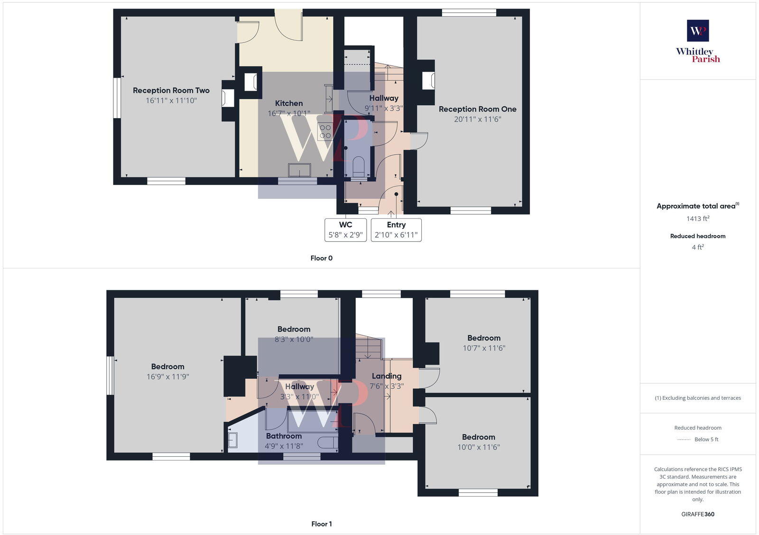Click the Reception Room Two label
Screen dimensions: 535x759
pos(171,90)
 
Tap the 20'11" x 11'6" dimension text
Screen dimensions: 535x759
pos(477,119)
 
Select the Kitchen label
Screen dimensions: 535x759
pos(288,103)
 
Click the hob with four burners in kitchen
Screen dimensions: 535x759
pos(325,131)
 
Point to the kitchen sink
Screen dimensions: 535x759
pos(299,170)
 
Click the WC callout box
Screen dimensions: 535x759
pos(345,230)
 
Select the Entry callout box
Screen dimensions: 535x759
pos(396,230)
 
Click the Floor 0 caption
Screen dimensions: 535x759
pos(321,258)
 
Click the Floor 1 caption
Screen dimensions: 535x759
pos(321,524)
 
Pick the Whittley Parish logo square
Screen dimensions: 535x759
pos(697,31)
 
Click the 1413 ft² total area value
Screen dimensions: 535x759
pos(697,219)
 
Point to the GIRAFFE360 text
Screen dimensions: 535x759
pos(697,514)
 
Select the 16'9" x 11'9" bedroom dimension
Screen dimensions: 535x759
pos(167,377)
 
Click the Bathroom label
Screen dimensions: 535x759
pos(284,436)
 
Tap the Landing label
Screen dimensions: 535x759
pos(386,376)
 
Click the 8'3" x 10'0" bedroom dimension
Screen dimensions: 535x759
pos(294,339)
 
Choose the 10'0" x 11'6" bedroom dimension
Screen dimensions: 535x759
pos(478,447)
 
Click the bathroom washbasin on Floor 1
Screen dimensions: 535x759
pos(232,441)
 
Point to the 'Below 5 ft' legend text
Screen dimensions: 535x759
pos(706,439)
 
